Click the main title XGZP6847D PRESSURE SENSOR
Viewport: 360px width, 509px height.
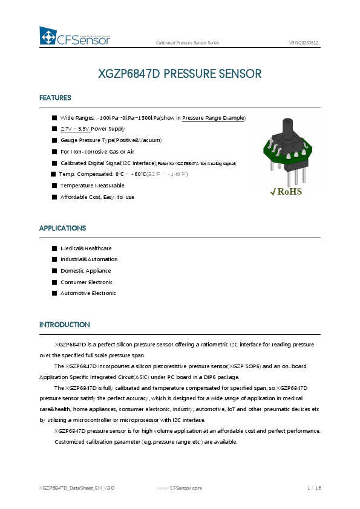180,74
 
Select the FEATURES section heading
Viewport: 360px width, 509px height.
55,98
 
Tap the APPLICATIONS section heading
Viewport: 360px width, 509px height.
62,229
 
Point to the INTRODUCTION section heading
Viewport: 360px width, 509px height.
65,325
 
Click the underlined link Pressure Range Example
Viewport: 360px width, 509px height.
213,118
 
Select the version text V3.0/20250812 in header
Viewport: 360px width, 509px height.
304,44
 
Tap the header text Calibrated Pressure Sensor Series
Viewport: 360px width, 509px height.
188,44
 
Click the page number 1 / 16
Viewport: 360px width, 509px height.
314,488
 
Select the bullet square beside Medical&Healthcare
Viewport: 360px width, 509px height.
54,248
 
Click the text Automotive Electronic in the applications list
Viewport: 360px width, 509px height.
88,293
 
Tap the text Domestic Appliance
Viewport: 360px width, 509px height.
85,271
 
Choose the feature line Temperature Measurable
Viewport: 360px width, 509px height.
92,186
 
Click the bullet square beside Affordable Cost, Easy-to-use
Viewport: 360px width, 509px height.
54,197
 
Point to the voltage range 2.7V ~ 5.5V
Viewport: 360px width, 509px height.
75,129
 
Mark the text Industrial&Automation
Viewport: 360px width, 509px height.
89,259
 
